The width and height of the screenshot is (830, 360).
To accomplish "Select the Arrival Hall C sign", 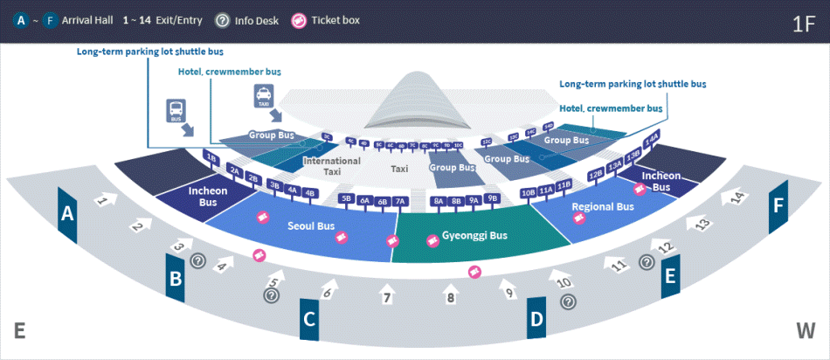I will pos(308,320).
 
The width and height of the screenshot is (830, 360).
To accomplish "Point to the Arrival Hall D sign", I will pos(536,318).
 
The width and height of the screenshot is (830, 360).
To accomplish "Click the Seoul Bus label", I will pos(311,226).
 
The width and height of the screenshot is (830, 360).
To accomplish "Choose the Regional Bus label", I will pos(603,207).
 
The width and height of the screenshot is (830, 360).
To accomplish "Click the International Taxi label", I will pos(331,167).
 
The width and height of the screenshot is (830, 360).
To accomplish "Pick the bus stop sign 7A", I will pos(400,201).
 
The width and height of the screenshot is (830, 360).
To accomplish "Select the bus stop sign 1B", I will pos(211,157).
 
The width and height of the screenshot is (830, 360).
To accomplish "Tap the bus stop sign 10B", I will pos(528,192).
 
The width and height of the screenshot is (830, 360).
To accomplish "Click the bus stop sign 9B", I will pos(492,198).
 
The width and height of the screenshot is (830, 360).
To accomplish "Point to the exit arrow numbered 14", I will pos(740,197).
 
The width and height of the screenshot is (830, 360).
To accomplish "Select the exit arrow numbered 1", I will pos(104,200).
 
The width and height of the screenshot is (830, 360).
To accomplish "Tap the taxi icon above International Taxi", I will pos(263,96).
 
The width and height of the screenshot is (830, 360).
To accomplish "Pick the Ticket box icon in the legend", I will pos(299,20).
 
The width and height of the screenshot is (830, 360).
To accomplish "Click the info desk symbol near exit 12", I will pos(647,261).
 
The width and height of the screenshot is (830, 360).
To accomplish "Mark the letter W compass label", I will pos(805,330).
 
